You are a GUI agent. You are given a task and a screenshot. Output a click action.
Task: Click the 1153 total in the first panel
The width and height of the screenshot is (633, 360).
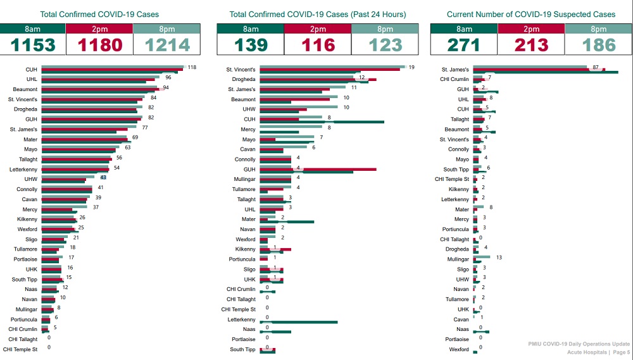point(34,45)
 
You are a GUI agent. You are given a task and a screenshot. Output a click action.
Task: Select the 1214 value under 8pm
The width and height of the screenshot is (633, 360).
point(166,45)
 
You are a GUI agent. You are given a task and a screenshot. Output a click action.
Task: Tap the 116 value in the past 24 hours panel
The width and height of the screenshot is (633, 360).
point(317,45)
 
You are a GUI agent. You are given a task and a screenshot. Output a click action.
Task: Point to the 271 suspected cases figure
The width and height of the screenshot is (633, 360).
point(463,45)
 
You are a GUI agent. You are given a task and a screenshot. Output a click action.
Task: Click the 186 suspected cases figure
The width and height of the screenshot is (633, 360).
point(598,45)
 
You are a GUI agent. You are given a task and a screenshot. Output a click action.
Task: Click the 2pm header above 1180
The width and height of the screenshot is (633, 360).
point(99,28)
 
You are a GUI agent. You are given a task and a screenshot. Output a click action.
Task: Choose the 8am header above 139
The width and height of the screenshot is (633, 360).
point(250,28)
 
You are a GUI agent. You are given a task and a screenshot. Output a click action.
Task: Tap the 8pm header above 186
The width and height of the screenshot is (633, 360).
point(598,28)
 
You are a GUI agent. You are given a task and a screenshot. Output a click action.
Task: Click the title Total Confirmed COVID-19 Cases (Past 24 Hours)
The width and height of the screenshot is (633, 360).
point(317,14)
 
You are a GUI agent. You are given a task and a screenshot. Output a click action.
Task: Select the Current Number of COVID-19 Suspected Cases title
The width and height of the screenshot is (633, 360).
point(530,14)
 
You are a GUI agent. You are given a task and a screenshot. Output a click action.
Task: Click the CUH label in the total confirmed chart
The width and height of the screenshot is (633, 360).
point(31,70)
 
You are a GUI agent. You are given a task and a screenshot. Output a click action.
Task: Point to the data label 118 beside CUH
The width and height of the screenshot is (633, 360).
point(192,67)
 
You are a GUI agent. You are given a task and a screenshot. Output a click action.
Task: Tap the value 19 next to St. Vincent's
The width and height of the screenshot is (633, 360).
point(411,67)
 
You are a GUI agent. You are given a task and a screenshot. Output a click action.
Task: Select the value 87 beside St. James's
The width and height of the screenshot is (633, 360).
point(596,67)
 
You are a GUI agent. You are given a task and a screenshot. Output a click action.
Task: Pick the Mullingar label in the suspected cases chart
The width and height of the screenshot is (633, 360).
point(458,259)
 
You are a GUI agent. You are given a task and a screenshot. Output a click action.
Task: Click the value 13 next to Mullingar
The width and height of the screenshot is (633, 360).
point(499,258)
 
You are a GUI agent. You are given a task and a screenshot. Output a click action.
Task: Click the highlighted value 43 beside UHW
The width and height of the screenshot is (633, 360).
point(103,178)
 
